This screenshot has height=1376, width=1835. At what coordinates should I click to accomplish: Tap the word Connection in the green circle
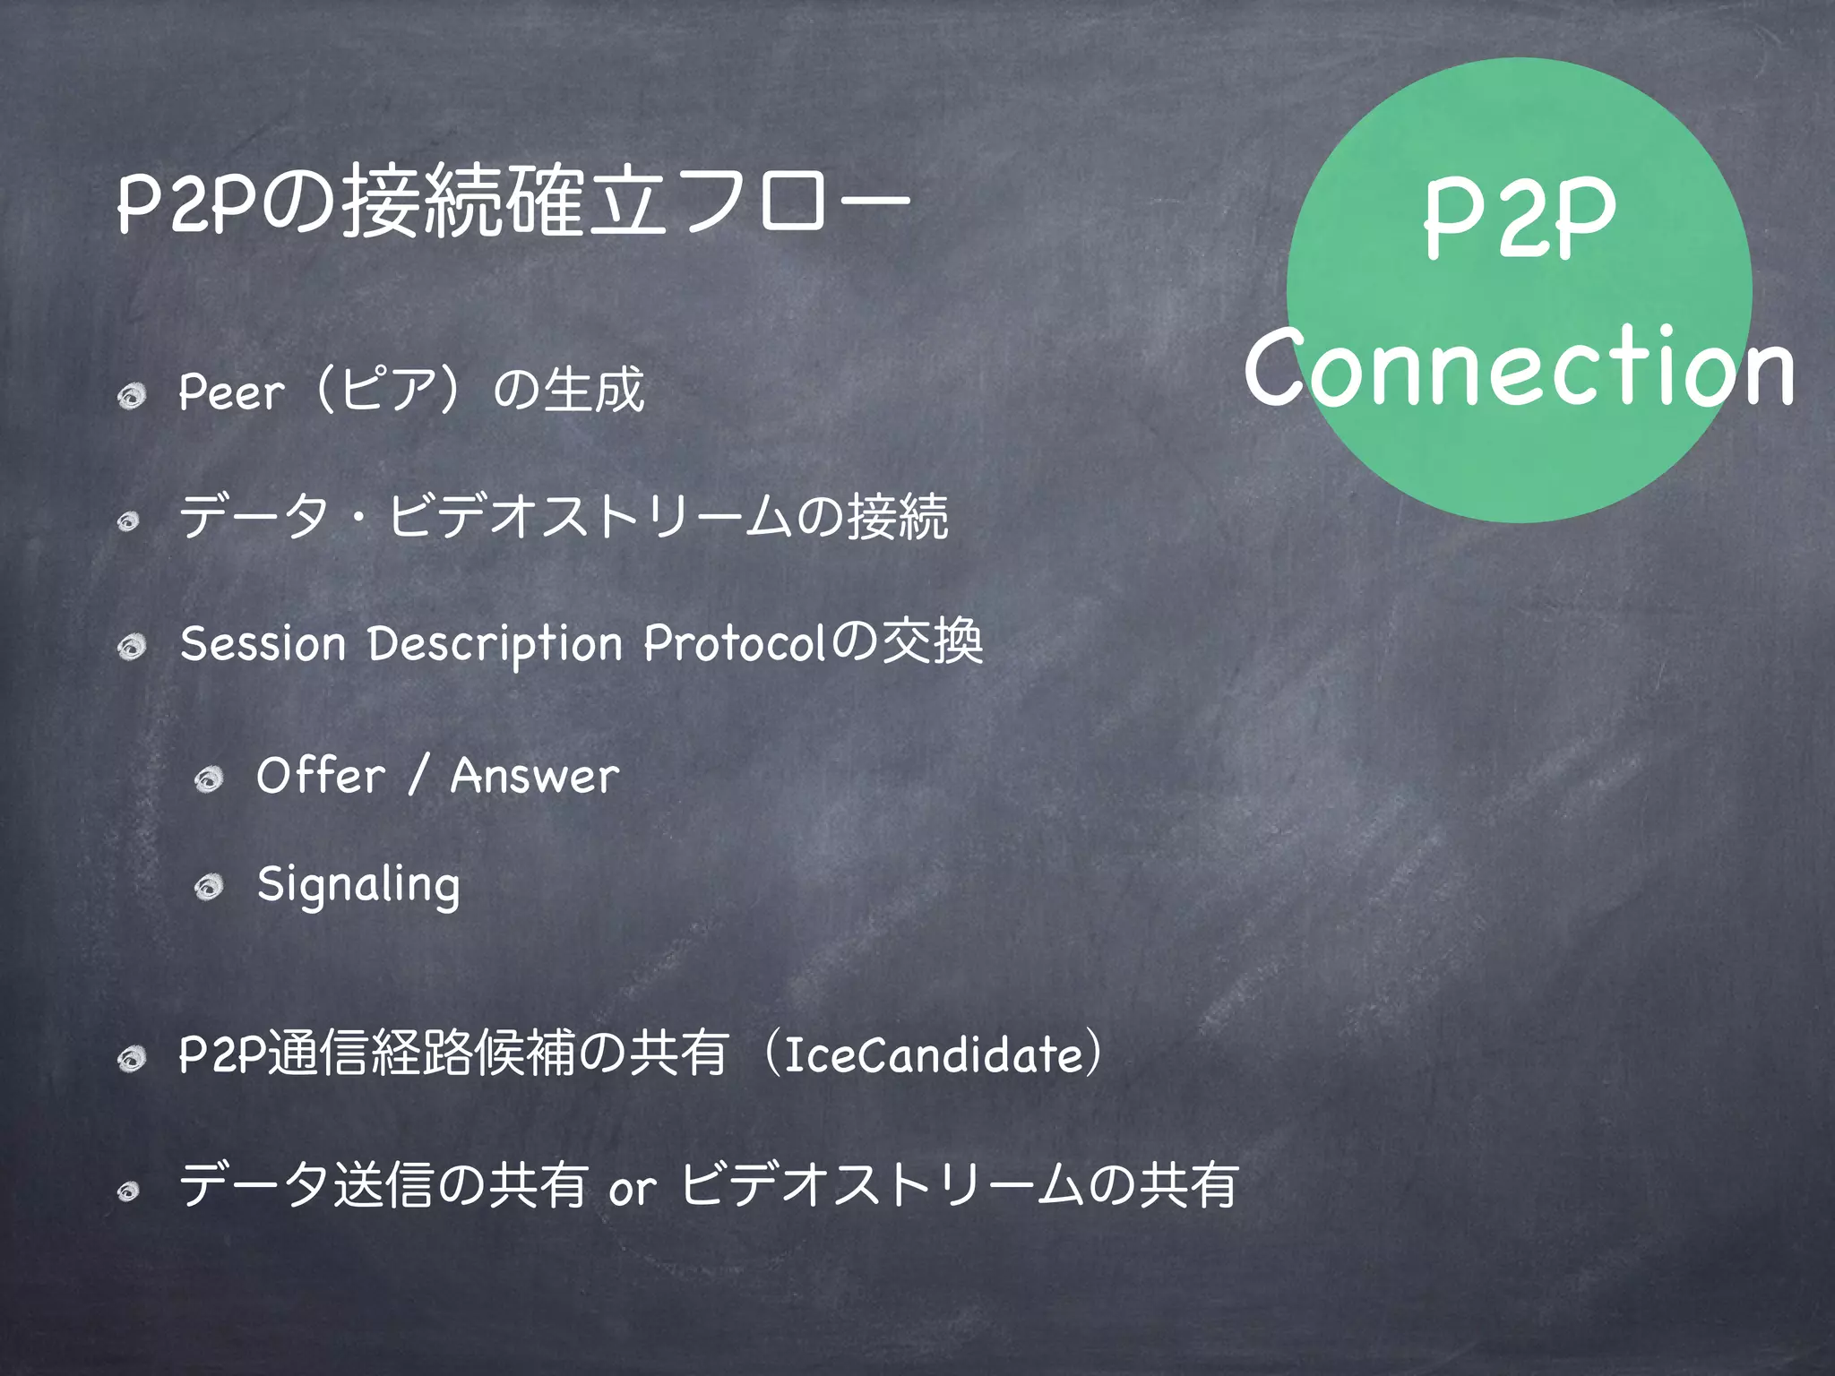coord(1519,368)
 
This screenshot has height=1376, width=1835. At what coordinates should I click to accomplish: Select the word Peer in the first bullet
coord(231,392)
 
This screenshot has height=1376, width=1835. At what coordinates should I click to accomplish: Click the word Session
coord(263,644)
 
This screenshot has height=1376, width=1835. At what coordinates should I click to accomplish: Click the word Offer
coord(320,776)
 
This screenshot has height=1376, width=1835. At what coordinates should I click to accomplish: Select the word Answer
coord(535,776)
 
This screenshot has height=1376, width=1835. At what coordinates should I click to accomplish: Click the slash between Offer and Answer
coord(418,776)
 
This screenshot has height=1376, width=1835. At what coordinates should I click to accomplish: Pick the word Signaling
coord(358,886)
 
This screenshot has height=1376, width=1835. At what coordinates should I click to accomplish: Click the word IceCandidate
coord(933,1055)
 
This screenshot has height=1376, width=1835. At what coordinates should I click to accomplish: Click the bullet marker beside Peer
coord(133,395)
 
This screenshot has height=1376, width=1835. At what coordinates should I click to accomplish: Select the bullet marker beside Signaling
coord(210,888)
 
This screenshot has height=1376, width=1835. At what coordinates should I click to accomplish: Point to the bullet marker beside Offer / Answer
coord(210,778)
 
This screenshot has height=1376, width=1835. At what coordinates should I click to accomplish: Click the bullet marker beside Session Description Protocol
coord(133,646)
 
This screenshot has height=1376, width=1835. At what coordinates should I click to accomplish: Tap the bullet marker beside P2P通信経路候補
coord(133,1059)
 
